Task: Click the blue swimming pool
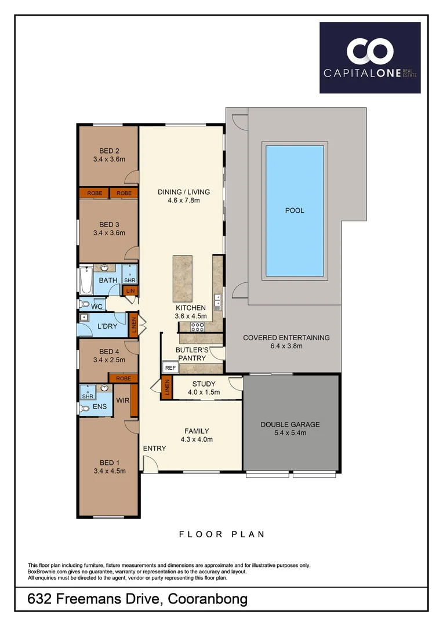pos(294,210)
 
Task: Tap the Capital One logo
pos(369,57)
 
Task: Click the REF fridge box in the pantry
pos(170,367)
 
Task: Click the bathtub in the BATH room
pos(86,279)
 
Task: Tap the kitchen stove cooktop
pos(197,326)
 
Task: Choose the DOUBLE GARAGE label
pos(290,424)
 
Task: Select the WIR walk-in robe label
pos(122,400)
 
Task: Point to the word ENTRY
pos(154,448)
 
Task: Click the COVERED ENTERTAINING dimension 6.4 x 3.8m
pos(286,346)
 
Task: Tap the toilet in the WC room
pos(85,305)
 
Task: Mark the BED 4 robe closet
pos(123,378)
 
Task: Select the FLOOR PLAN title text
pos(221,534)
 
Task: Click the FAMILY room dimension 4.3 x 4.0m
pos(197,439)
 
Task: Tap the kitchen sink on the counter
pos(217,300)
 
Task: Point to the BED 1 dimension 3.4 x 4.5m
pos(109,471)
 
